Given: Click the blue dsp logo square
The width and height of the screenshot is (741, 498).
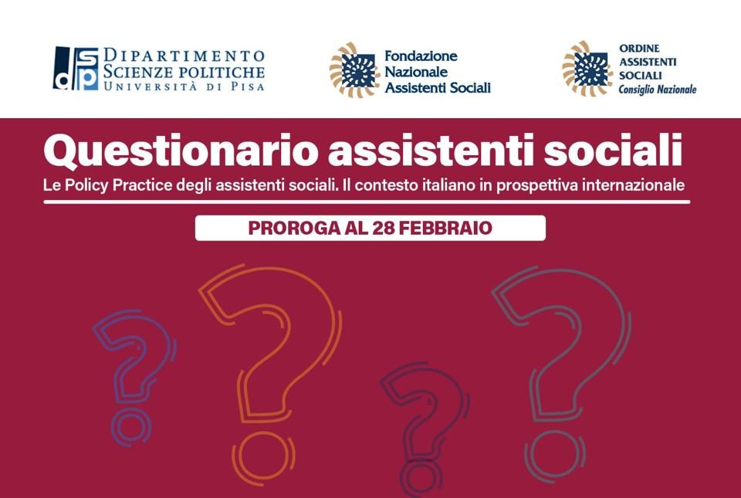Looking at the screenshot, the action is click(x=76, y=68).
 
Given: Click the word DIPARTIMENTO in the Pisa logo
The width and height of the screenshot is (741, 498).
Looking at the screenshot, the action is click(x=184, y=56).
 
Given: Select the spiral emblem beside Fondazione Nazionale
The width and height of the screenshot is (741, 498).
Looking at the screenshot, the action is click(x=354, y=70).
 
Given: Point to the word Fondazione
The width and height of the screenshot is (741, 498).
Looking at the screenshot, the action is click(x=421, y=56).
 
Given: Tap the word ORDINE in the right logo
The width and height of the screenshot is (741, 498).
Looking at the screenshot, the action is click(x=633, y=48).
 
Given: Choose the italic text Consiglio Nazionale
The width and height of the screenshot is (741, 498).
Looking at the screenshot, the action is click(x=658, y=90).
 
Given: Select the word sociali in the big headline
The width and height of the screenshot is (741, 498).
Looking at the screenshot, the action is click(x=613, y=150).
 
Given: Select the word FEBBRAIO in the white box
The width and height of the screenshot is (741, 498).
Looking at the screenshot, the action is click(x=445, y=229).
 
